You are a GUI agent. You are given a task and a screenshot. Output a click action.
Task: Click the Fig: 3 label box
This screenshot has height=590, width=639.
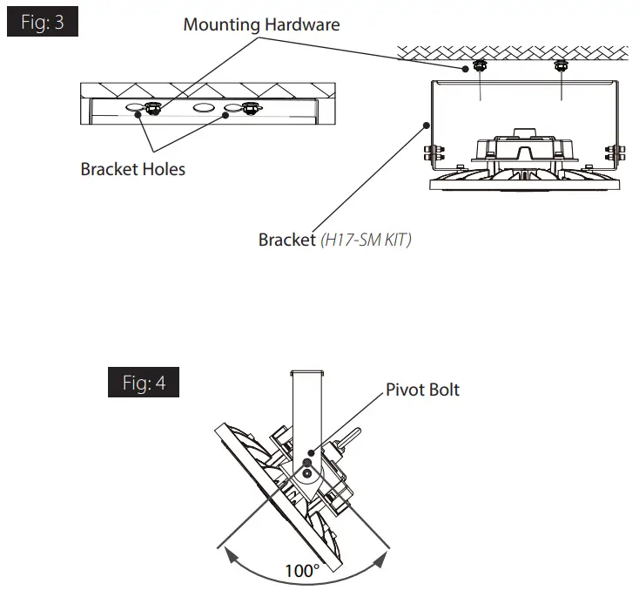43,22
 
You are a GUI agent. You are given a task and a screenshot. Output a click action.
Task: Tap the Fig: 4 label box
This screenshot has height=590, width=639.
143,383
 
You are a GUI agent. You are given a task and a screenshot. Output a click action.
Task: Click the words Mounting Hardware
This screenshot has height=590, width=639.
261,24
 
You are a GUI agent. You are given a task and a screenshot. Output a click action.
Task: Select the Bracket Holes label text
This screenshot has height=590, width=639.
132,169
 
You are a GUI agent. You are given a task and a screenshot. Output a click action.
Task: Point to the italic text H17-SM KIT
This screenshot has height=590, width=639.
365,239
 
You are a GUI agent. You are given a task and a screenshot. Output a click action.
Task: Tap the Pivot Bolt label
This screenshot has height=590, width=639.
422,389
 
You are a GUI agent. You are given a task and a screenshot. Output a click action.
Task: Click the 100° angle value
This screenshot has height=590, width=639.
302,571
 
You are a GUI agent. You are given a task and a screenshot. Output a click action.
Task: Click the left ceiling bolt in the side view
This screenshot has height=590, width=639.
479,65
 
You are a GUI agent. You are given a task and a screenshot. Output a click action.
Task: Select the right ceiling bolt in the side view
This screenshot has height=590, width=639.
560,65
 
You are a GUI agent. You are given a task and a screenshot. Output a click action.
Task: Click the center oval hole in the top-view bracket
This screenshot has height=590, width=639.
205,109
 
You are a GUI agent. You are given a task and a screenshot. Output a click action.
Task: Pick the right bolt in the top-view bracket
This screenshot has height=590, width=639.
252,109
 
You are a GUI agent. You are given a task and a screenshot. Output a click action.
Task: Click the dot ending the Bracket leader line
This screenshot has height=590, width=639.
427,125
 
